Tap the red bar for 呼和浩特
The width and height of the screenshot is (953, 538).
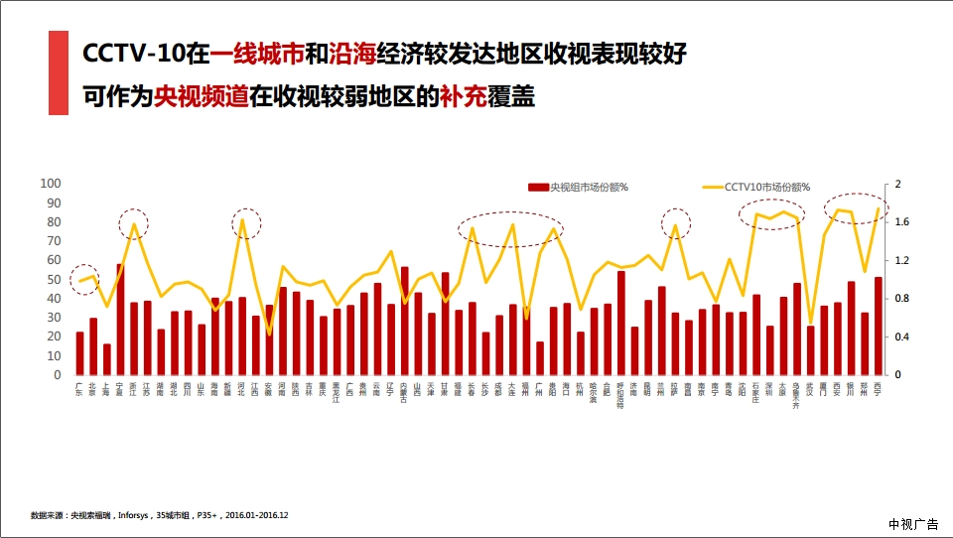(621, 323)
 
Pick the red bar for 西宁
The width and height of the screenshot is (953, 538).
(879, 326)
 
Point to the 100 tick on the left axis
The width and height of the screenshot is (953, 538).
(50, 184)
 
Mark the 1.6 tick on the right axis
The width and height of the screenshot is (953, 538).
(901, 222)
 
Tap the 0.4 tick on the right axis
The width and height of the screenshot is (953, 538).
(901, 337)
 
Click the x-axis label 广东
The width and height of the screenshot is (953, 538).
(79, 390)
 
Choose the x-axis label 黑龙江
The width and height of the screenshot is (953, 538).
(338, 394)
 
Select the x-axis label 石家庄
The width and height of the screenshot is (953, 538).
(756, 394)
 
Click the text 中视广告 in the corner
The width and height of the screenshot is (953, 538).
(913, 524)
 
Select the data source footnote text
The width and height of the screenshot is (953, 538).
(159, 516)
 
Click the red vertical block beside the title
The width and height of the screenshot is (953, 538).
(59, 72)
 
